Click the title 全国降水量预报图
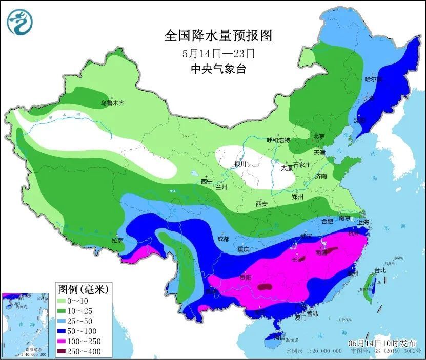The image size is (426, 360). pos(218,35)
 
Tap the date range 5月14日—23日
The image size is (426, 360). pos(218,53)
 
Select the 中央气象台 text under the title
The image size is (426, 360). pos(218,69)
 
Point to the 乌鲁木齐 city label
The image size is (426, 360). pos(112,103)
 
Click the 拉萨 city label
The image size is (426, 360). pos(117,240)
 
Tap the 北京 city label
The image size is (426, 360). pos(319,136)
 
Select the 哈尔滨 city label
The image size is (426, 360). pos(374,79)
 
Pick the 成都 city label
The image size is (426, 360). pos(223,238)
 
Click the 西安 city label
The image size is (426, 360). pos(261,204)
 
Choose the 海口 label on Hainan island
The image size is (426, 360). pos(279,337)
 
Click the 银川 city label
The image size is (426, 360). pos(240,164)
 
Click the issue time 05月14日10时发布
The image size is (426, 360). pos(382,343)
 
